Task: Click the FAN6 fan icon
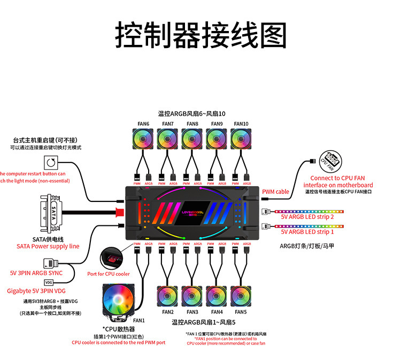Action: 143,139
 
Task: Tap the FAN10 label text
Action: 241,124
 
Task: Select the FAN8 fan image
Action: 192,139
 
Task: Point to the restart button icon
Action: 51,162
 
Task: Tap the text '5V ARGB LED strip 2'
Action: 307,217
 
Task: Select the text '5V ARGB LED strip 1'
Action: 307,232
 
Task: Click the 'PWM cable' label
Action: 275,192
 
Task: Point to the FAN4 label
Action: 217,312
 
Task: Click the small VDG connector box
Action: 49,282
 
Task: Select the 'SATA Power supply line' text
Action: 48,246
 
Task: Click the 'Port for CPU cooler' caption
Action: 109,274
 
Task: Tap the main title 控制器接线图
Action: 200,35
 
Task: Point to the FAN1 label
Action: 139,320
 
